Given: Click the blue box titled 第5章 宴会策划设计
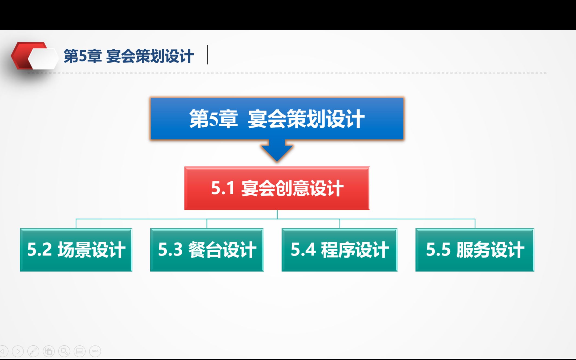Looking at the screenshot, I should [277, 119].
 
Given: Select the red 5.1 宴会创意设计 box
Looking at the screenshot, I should [277, 188].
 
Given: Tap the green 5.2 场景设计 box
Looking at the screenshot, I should [76, 250].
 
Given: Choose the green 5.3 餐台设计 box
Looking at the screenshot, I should [207, 250].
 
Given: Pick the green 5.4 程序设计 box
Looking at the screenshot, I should [339, 250].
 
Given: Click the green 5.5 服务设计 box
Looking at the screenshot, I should [475, 250].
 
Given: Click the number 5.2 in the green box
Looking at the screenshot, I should [39, 249].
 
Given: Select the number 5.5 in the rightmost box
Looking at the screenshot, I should [438, 249].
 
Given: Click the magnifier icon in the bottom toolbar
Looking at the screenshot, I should [64, 351].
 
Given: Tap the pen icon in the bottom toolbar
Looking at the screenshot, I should [33, 351].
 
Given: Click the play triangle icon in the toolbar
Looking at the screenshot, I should [18, 351].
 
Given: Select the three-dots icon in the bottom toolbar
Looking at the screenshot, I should [95, 351].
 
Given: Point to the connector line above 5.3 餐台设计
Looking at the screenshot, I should [207, 223].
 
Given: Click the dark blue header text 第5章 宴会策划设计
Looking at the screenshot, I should [128, 56].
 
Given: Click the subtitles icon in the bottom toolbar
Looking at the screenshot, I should [80, 351].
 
